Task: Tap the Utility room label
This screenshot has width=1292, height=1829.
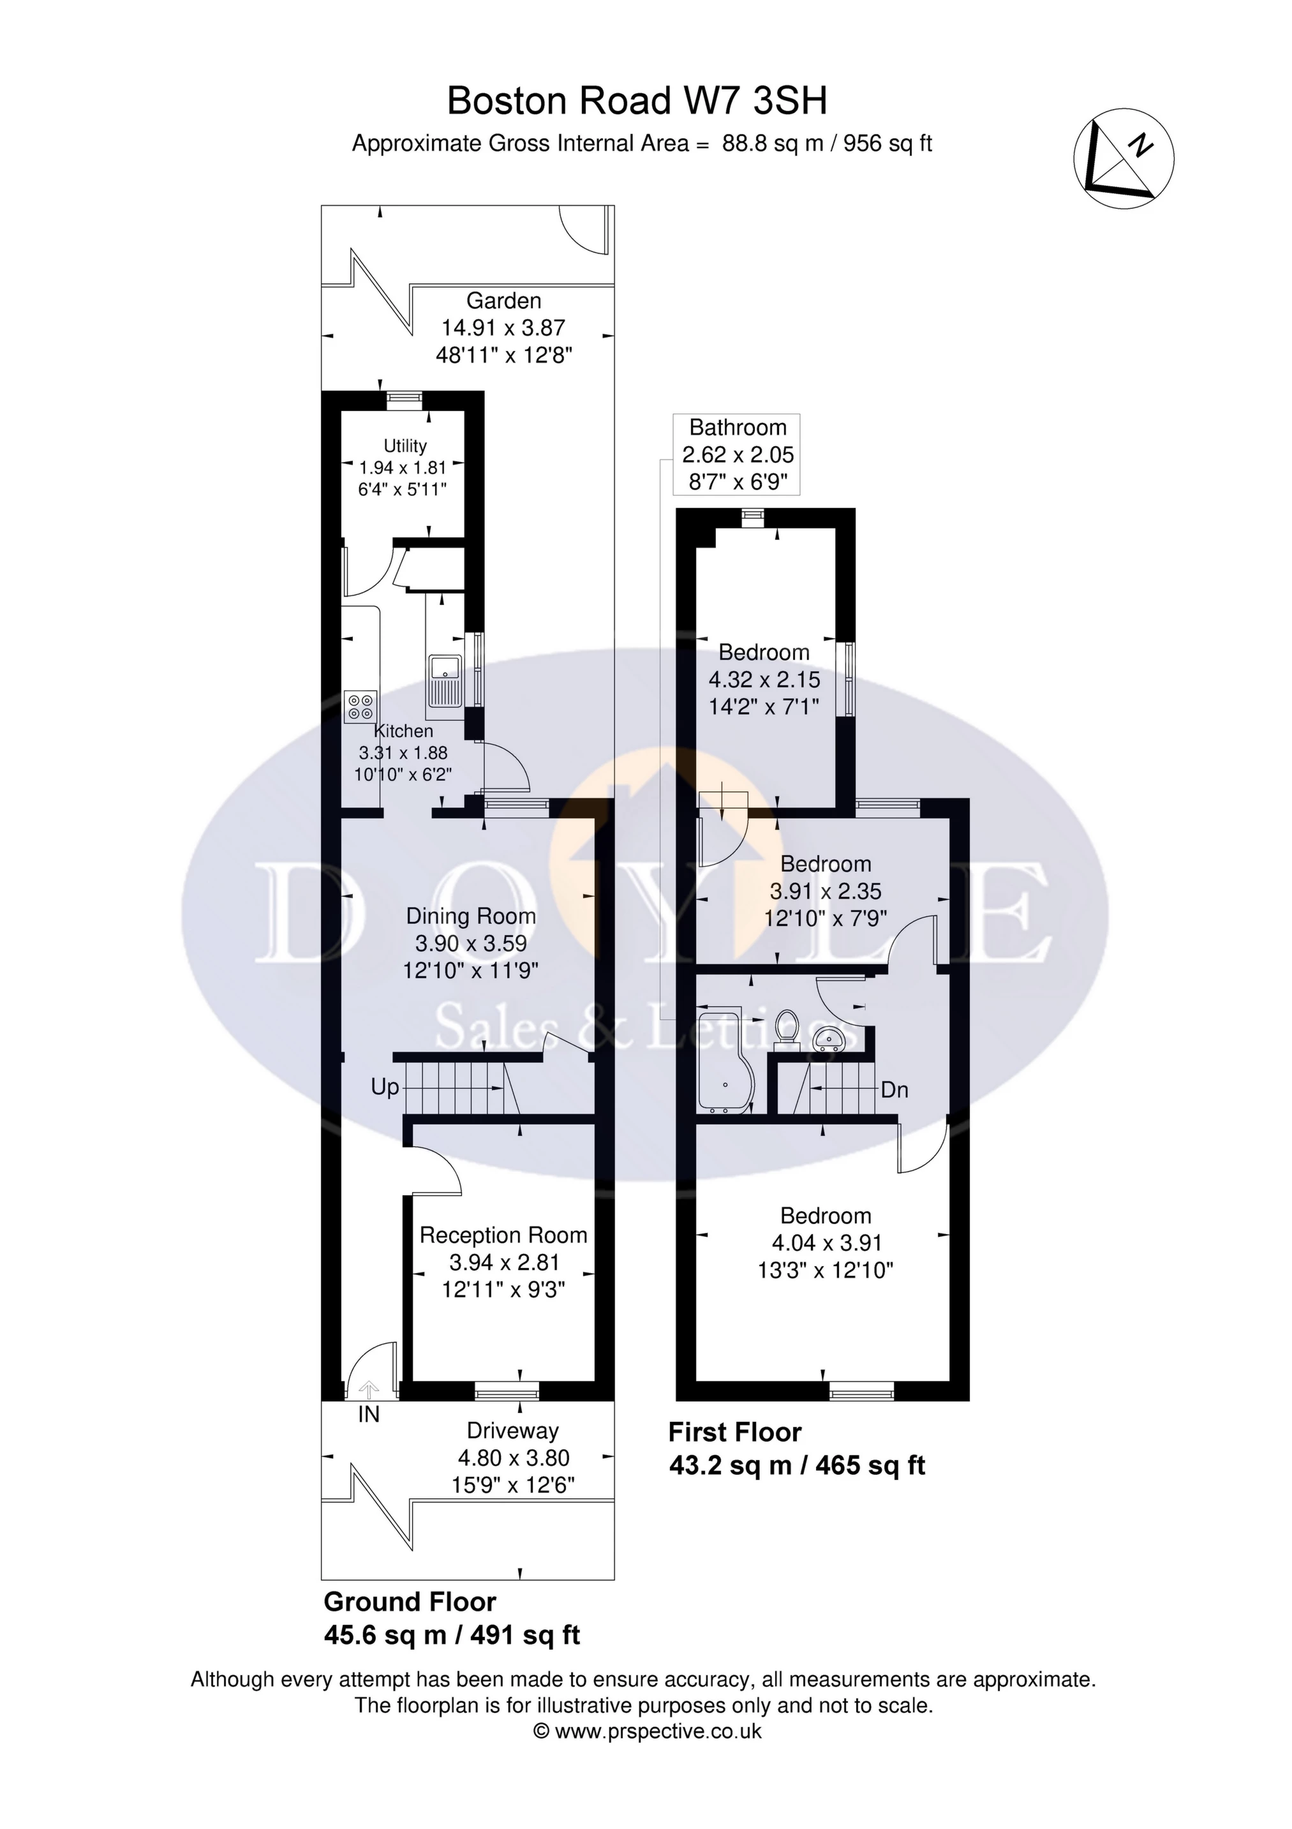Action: (405, 446)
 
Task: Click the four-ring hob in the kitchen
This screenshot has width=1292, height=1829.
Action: (360, 706)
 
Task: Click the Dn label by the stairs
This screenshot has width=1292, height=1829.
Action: (895, 1090)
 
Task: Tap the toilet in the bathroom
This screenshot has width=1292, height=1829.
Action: (786, 1027)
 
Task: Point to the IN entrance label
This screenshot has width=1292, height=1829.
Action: (369, 1415)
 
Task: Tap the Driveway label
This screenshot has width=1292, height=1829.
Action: (512, 1431)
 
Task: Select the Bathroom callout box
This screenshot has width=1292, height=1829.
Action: (737, 454)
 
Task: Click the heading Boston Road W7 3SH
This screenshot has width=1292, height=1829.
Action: (637, 101)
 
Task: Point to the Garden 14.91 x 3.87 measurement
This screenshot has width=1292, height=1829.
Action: (503, 327)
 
